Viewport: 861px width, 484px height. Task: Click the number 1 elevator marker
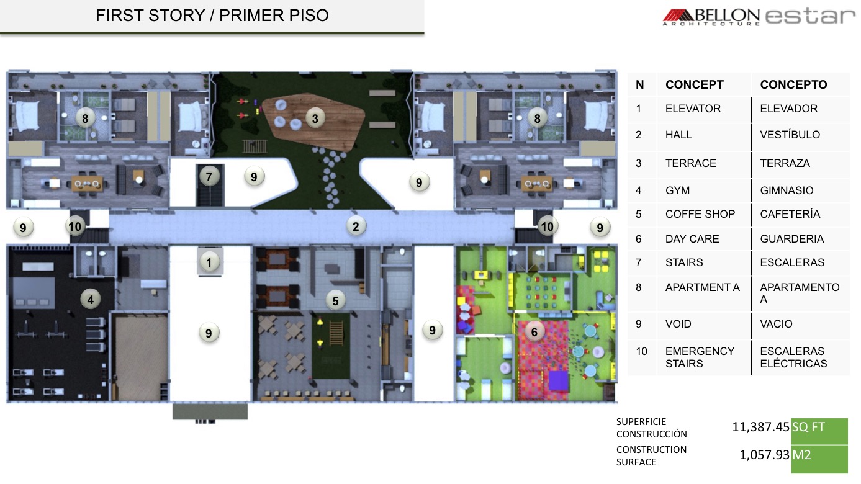pos(209,262)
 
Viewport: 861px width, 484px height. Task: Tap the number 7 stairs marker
pos(209,177)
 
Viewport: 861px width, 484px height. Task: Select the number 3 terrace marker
pos(315,119)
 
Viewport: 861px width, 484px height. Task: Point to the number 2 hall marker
pos(356,226)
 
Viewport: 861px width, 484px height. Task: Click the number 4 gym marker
pos(91,300)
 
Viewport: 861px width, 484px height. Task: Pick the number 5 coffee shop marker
pos(336,301)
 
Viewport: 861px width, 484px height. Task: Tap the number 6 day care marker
pos(534,331)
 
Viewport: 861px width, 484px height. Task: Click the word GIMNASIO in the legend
pos(787,190)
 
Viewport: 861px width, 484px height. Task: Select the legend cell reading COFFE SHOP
pos(700,214)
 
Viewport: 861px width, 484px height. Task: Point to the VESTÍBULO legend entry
pos(790,135)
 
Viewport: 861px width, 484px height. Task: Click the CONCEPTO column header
pos(793,84)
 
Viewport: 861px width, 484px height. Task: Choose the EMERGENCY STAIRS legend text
pos(700,357)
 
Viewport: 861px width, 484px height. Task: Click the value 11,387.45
pos(760,427)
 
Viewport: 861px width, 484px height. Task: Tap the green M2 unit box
pos(819,459)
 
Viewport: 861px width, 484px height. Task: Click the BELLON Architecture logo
pos(711,17)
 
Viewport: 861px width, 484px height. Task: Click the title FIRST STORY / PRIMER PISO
pos(212,16)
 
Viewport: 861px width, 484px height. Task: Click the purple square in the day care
pos(558,380)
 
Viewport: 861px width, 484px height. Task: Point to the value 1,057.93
pos(764,455)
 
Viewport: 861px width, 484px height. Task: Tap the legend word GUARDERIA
pos(792,239)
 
